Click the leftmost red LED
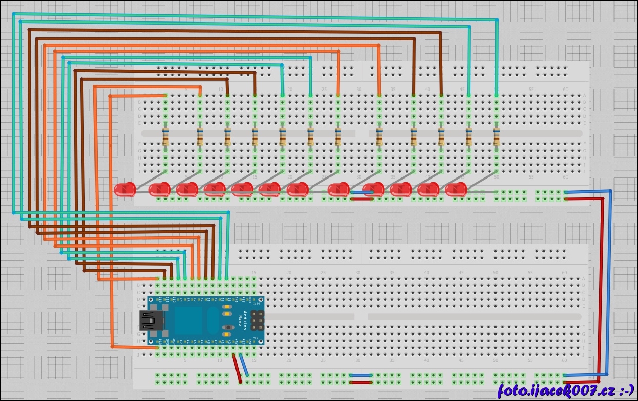[125, 189]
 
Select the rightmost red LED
[456, 189]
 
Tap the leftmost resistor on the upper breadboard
[166, 137]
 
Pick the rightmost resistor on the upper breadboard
[496, 137]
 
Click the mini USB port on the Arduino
[152, 321]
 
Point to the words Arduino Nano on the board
[244, 320]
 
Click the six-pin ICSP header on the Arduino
[257, 320]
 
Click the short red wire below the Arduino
[237, 368]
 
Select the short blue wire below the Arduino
[244, 366]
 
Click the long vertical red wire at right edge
[603, 286]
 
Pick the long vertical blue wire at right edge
[609, 281]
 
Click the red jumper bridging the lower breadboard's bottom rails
[361, 382]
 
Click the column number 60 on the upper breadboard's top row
[565, 90]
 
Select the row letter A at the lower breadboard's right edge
[584, 279]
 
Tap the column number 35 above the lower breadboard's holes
[392, 273]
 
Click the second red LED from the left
[159, 189]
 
